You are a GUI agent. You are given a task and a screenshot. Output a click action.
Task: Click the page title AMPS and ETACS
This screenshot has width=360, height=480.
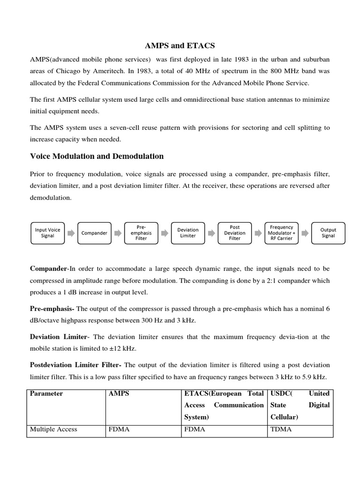click(x=180, y=45)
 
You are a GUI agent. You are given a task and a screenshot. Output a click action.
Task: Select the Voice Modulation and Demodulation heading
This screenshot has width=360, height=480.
click(x=97, y=156)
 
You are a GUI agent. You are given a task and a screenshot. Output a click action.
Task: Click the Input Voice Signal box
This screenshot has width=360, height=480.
click(x=47, y=233)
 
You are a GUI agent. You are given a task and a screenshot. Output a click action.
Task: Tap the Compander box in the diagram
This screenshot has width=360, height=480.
click(x=94, y=233)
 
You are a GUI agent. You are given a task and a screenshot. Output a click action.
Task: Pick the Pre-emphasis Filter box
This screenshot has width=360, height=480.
click(x=141, y=233)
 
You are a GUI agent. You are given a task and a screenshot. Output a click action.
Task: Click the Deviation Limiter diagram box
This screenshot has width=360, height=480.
click(x=187, y=233)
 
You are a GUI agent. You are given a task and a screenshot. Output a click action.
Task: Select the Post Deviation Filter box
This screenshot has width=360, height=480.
click(x=234, y=233)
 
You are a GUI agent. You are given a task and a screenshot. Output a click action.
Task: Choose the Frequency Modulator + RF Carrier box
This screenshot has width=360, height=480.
click(x=281, y=233)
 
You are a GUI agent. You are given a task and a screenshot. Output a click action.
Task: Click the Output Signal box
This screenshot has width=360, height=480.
click(x=328, y=233)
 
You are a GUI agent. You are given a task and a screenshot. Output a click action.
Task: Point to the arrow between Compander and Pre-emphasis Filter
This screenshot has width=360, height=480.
click(x=118, y=233)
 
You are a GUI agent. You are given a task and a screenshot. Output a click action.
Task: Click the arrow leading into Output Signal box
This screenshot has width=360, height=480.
click(x=305, y=233)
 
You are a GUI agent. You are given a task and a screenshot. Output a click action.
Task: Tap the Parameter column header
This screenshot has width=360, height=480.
click(x=46, y=393)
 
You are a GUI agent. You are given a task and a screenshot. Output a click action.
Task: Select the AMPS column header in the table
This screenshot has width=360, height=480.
click(x=118, y=393)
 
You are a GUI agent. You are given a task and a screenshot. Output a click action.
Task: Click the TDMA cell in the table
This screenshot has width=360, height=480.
click(x=281, y=429)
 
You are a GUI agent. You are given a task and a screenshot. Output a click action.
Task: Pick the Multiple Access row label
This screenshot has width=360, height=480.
click(x=53, y=429)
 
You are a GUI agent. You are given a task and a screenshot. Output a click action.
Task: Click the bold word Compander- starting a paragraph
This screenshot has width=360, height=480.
click(x=49, y=269)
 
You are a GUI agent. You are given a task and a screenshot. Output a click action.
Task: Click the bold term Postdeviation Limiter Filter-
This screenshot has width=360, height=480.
click(x=76, y=365)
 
